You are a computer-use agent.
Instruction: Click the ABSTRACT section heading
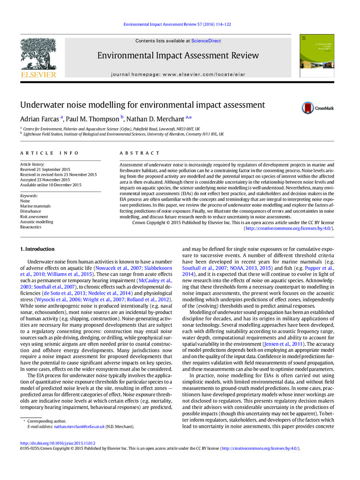[x=140, y=153]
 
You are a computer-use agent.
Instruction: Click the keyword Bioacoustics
[x=31, y=227]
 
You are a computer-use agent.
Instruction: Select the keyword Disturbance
[x=31, y=211]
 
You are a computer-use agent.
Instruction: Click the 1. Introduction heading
[x=37, y=249]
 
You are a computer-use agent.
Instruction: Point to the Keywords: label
[x=30, y=196]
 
